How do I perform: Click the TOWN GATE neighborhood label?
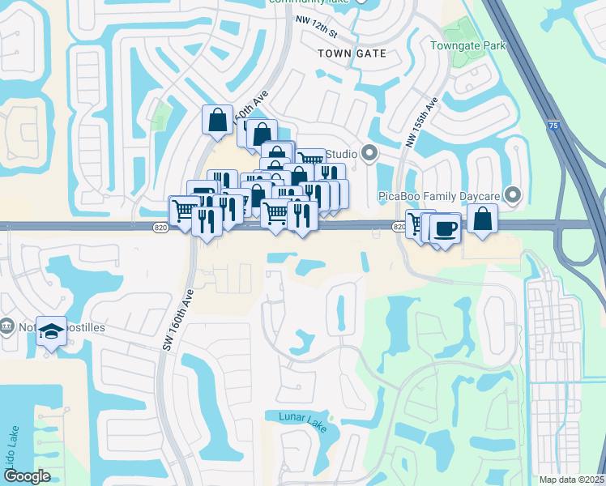click(x=352, y=53)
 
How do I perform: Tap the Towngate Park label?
click(x=468, y=45)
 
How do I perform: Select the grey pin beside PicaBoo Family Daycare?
click(x=512, y=194)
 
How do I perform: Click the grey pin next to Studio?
click(x=369, y=152)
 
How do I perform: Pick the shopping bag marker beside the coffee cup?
click(x=482, y=219)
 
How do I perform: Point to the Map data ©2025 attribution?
click(x=571, y=480)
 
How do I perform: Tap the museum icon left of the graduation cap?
click(x=7, y=326)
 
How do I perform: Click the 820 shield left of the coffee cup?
click(x=399, y=228)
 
